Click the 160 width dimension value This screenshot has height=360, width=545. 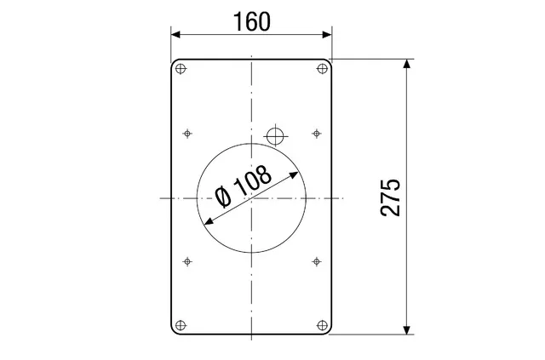click(x=252, y=21)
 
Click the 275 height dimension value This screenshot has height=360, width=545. click(x=390, y=198)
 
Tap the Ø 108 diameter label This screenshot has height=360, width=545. click(x=243, y=186)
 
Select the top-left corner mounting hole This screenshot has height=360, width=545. click(x=181, y=69)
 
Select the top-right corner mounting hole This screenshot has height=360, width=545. click(x=323, y=69)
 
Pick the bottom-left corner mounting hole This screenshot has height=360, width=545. click(x=181, y=326)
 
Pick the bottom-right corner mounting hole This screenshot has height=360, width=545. click(x=323, y=326)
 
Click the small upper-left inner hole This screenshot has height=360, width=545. click(x=187, y=133)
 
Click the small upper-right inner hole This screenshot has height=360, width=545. click(x=316, y=133)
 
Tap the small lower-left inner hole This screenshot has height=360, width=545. click(x=187, y=261)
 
